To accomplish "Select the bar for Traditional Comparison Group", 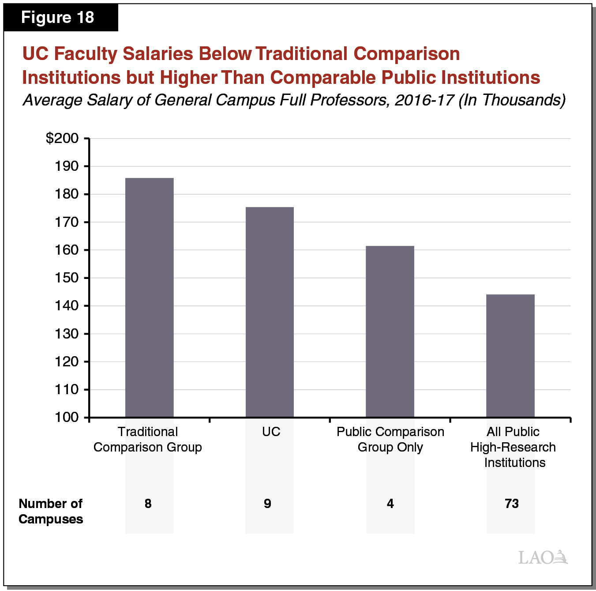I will tap(149, 297).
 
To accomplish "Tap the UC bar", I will tap(270, 312).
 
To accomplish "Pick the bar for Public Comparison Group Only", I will tap(390, 331).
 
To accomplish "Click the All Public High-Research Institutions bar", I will tap(510, 356).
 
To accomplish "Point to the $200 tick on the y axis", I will tap(62, 139).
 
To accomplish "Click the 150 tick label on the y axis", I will tap(67, 278).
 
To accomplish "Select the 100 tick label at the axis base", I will tap(67, 418).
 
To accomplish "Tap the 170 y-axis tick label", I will tap(67, 222).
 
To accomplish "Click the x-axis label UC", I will tap(271, 432).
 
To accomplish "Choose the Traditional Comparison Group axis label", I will tap(148, 440).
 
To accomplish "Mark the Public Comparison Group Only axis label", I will tap(390, 440).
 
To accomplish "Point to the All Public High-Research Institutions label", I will tap(513, 447).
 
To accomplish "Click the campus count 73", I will tap(512, 504).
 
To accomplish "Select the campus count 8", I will tap(148, 504).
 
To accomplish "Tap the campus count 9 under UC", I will tap(268, 504).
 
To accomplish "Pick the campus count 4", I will tap(390, 504).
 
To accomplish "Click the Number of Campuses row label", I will tap(51, 511).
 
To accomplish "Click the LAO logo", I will tap(543, 557).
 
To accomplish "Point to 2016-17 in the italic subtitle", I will tap(424, 100).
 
